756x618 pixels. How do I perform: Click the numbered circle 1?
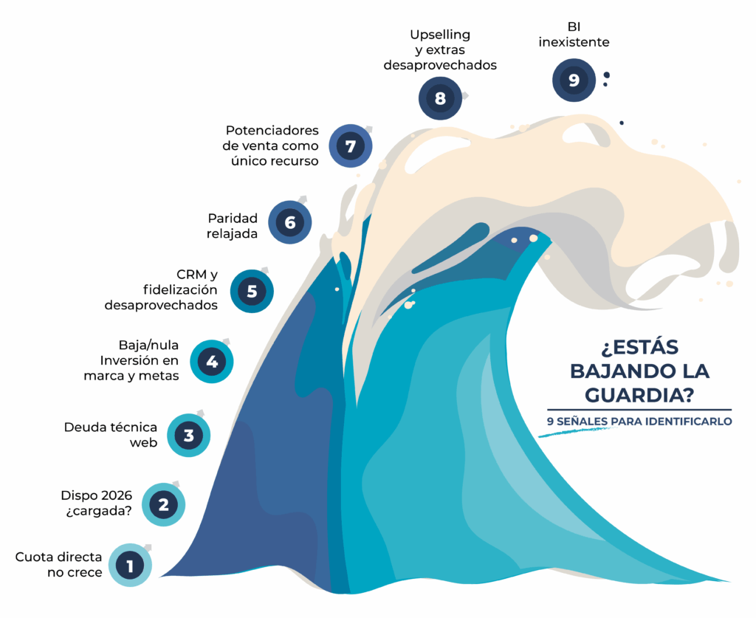click(130, 566)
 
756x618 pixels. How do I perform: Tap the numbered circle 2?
click(162, 504)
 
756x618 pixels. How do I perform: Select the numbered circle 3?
click(188, 435)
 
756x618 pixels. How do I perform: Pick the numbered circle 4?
click(212, 361)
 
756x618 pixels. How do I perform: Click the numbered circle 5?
click(252, 291)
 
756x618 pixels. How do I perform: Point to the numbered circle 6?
click(289, 222)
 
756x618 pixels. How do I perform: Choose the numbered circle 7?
click(350, 146)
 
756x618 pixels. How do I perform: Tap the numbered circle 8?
click(440, 97)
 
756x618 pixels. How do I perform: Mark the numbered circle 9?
click(574, 80)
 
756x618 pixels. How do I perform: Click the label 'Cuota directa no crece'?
click(59, 564)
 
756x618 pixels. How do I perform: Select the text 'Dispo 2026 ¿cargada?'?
click(96, 502)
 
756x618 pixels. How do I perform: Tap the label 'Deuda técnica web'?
click(111, 435)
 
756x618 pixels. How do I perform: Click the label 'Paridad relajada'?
click(233, 226)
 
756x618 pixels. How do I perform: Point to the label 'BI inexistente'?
click(574, 35)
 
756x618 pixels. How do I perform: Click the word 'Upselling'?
click(440, 35)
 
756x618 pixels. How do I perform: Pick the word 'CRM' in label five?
click(192, 275)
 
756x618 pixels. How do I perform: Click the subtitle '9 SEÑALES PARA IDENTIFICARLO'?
click(639, 422)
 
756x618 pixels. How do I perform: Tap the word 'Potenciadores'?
click(272, 130)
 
